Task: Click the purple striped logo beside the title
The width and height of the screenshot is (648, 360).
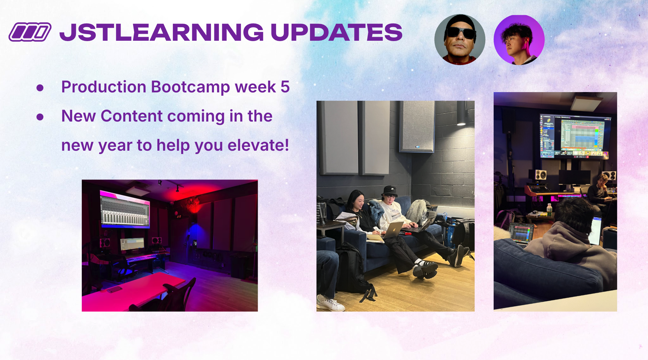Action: tap(30, 32)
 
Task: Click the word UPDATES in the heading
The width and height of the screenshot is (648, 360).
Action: tap(336, 32)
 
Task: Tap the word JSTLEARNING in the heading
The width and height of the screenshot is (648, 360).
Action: tap(162, 32)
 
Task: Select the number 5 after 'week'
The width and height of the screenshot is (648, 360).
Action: tap(285, 87)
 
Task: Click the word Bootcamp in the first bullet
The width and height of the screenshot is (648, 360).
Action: tap(190, 87)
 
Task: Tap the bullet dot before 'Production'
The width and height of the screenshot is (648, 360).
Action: tap(40, 88)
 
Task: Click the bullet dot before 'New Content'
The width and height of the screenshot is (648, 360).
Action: tap(40, 117)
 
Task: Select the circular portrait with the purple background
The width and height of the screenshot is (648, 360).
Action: tap(519, 40)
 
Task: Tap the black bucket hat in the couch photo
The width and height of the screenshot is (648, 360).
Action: tap(389, 191)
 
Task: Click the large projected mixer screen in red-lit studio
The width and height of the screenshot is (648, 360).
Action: tap(125, 211)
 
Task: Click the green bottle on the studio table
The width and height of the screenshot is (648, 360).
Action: tap(549, 210)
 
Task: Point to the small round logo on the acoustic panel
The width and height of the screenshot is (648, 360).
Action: tap(417, 147)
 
